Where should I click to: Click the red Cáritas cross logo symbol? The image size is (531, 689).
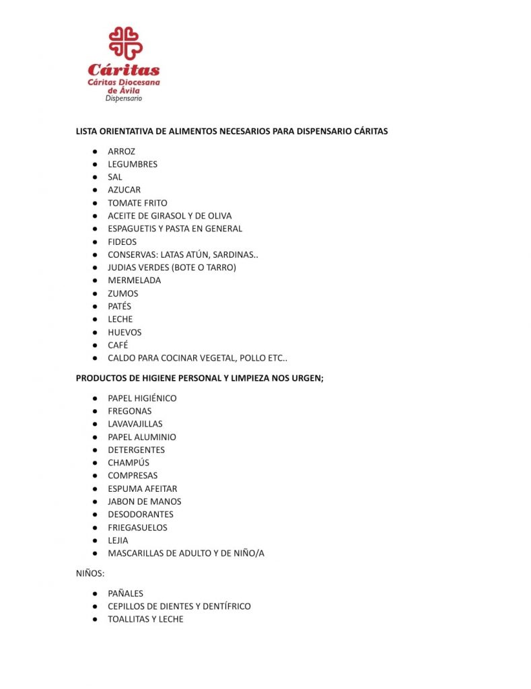click(125, 43)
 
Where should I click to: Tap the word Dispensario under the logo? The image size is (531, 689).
click(124, 98)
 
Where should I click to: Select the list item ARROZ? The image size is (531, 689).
click(121, 151)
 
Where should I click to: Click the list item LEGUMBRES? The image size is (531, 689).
click(133, 164)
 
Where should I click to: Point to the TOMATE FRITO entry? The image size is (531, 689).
click(137, 203)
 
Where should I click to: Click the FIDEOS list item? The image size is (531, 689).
click(122, 242)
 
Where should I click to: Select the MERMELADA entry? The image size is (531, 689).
click(134, 281)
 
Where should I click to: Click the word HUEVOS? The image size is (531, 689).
click(125, 332)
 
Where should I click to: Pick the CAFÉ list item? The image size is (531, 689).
click(118, 345)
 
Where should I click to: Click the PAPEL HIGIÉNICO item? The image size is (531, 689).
click(142, 398)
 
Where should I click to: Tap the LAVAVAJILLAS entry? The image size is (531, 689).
click(135, 424)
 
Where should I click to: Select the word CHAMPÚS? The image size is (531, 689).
click(129, 463)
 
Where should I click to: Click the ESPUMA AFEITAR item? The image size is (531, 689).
click(142, 488)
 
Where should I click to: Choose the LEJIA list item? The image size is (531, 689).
click(118, 540)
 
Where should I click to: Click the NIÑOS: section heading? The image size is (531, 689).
click(90, 574)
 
